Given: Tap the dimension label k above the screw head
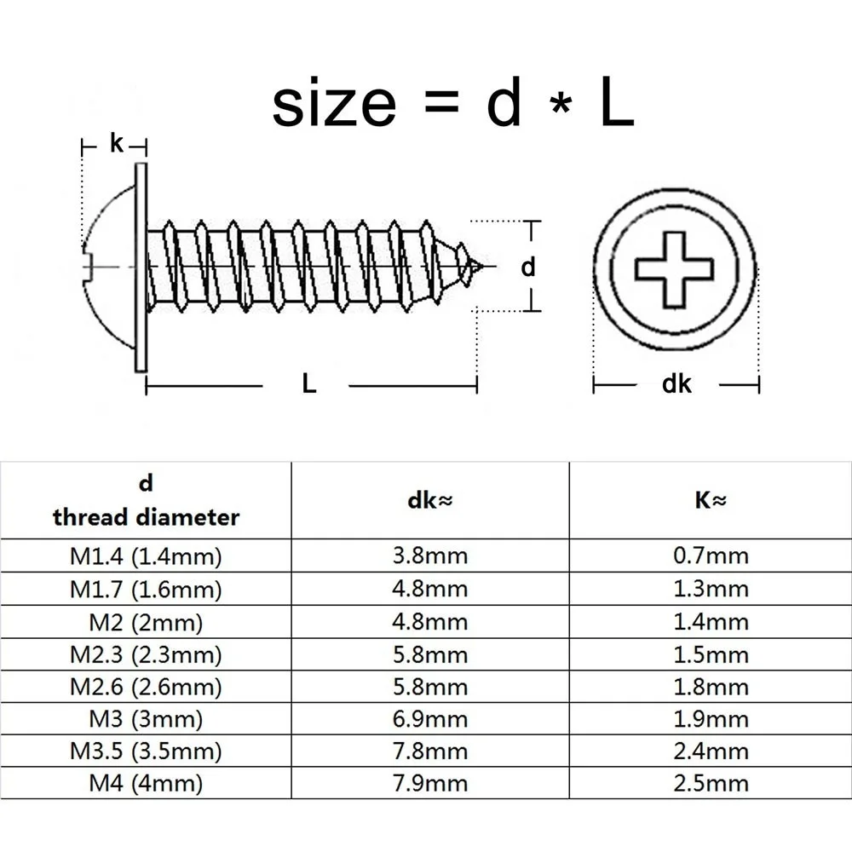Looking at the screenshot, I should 117,144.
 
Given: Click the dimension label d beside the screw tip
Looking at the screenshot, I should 528,267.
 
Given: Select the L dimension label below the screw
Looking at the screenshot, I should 309,384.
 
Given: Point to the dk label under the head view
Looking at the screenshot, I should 676,384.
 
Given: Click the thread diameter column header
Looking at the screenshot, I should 146,503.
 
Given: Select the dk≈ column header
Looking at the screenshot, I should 429,502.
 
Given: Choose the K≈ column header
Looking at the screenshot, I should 709,501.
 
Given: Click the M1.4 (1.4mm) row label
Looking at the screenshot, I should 146,557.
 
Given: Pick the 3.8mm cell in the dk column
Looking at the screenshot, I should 429,556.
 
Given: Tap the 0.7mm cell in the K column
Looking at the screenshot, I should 710,556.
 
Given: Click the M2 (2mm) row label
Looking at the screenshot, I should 146,622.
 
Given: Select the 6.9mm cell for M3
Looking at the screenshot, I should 429,719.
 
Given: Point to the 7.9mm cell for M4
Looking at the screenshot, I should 429,783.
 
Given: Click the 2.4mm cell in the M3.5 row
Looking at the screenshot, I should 710,751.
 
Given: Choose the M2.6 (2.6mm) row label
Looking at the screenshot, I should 146,687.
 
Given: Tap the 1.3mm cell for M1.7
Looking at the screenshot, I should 710,589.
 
